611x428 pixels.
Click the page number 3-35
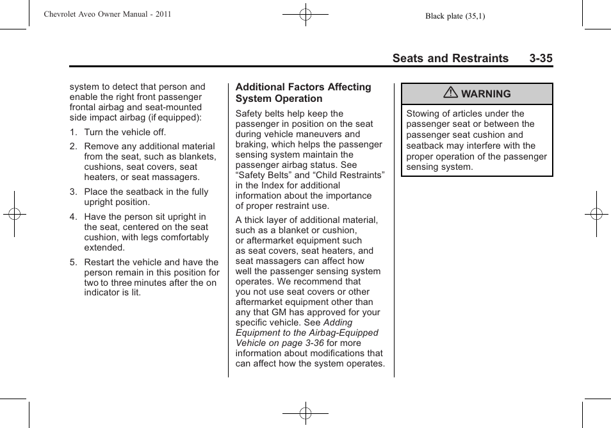click(x=541, y=58)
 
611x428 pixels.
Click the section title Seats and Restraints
click(x=450, y=58)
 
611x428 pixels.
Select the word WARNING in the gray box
click(x=486, y=94)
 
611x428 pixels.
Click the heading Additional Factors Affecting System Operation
click(x=303, y=93)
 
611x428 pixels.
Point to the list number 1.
click(x=73, y=133)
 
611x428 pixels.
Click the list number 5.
click(x=73, y=262)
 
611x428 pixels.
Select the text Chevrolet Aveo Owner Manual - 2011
click(x=108, y=14)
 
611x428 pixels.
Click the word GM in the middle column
click(x=279, y=313)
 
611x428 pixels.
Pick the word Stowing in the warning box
click(x=424, y=114)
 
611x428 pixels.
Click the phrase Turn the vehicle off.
click(x=125, y=133)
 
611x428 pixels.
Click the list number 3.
click(x=73, y=192)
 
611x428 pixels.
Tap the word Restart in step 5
click(x=101, y=262)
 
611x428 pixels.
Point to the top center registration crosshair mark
click(x=305, y=13)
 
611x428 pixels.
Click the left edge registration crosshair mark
click(x=14, y=214)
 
